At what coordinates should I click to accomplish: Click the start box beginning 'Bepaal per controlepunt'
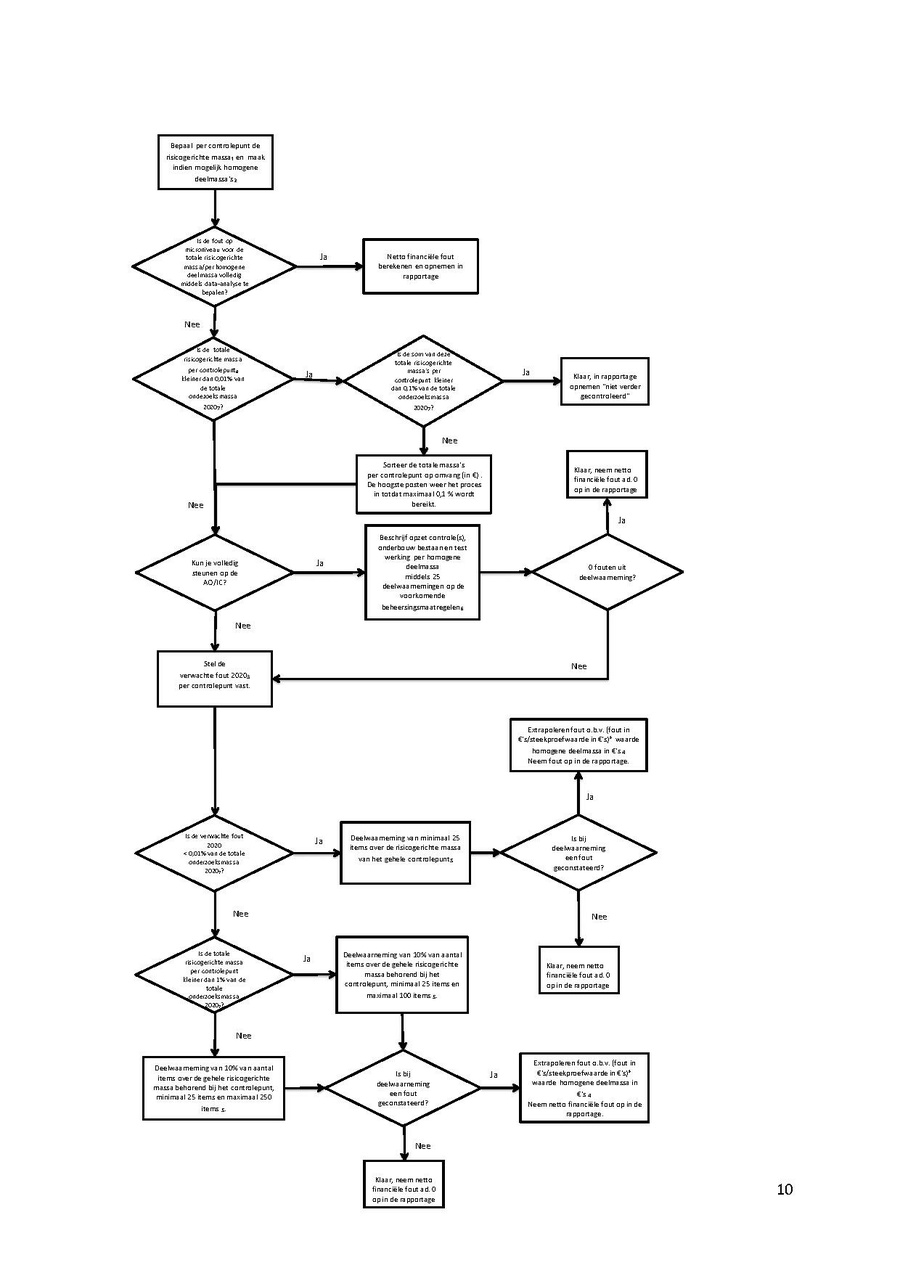point(215,162)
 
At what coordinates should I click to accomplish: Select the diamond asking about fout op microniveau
point(215,267)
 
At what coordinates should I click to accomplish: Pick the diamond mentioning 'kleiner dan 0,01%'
point(215,379)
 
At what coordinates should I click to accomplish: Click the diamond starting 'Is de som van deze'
point(424,380)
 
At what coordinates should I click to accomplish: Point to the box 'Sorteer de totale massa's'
point(424,484)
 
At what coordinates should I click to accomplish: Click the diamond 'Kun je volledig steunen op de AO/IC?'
point(215,574)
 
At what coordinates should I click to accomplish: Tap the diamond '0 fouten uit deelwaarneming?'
point(608,573)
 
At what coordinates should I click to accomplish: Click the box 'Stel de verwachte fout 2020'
point(215,678)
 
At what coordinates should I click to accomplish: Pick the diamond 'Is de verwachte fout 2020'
point(215,853)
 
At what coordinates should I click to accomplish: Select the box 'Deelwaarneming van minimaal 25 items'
point(405,853)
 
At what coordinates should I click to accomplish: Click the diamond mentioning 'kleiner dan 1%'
point(215,975)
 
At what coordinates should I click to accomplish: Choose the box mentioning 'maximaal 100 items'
point(403,975)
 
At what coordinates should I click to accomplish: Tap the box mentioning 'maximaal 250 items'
point(214,1087)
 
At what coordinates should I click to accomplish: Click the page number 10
point(785,1189)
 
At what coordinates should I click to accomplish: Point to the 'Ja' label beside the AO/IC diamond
point(320,563)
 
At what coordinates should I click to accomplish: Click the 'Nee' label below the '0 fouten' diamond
point(578,666)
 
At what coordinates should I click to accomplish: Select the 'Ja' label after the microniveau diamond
point(323,257)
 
